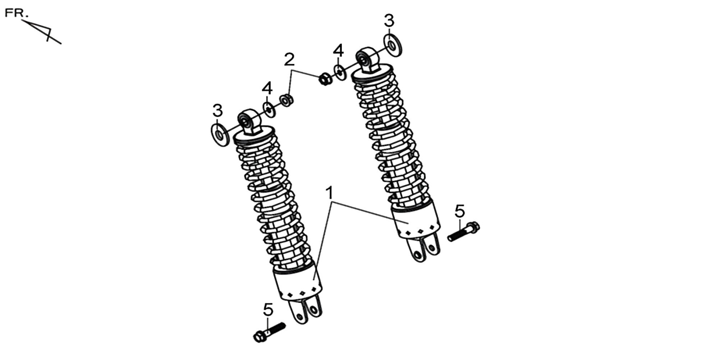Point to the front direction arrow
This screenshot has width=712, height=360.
(42, 31)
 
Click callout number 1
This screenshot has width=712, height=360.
(329, 193)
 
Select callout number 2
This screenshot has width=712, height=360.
(289, 60)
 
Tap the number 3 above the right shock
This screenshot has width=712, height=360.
(389, 20)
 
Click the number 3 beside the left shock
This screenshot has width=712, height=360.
(217, 110)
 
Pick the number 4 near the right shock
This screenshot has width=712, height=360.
(338, 51)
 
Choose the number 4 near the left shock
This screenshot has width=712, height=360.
(267, 88)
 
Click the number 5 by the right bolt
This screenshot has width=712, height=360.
(460, 211)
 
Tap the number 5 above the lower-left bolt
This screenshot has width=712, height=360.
(268, 310)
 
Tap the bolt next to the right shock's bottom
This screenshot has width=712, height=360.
(464, 231)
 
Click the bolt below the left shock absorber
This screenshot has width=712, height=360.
(269, 332)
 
